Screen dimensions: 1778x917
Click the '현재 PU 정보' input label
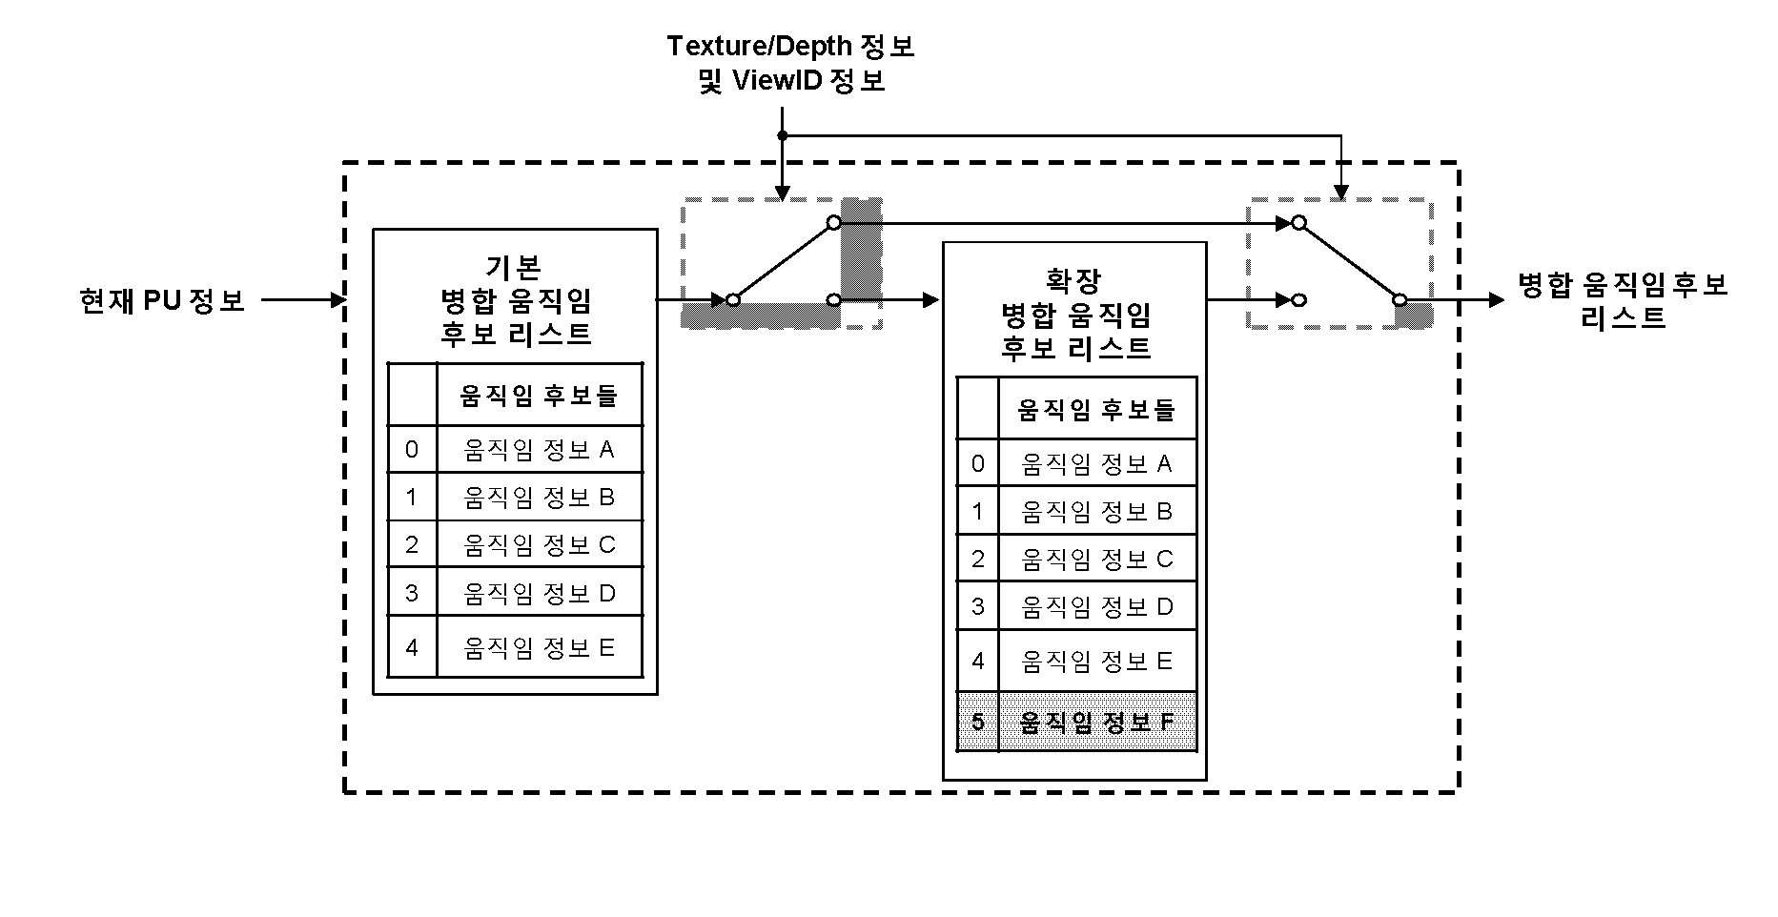[x=162, y=300]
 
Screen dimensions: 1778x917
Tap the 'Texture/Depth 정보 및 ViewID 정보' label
[x=790, y=63]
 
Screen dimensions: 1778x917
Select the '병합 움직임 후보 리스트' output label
[x=1623, y=300]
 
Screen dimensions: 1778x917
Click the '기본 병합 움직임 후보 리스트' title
[x=515, y=299]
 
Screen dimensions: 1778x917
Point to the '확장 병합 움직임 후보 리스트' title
[x=1074, y=314]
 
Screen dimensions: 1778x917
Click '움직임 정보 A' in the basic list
[x=539, y=449]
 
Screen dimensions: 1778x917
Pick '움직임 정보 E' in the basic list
[x=539, y=647]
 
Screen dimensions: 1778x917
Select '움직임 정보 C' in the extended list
[x=1096, y=559]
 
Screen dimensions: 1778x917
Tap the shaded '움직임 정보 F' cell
[x=1096, y=722]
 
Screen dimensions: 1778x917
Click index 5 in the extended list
[x=977, y=722]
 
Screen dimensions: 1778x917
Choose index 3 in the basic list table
[x=412, y=593]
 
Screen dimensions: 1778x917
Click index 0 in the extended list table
[x=977, y=464]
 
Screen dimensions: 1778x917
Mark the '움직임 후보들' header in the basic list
[x=539, y=395]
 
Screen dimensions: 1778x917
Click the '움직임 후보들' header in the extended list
[x=1096, y=410]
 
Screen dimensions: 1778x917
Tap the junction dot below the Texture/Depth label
[x=782, y=135]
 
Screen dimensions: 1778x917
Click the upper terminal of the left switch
[x=833, y=223]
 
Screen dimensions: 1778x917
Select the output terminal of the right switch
[x=1400, y=299]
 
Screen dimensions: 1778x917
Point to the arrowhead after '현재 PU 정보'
[x=337, y=300]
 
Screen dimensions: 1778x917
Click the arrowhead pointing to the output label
[x=1497, y=299]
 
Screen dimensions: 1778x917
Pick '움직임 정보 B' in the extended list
[x=1096, y=512]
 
